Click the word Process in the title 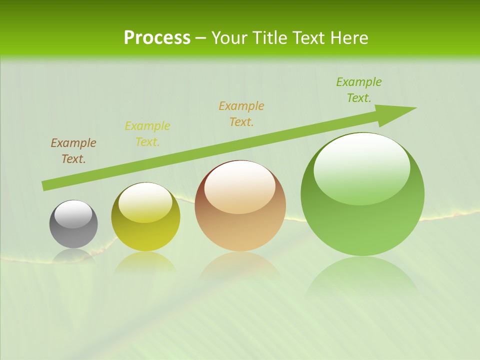point(157,38)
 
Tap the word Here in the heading point(347,38)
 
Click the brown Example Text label point(73,151)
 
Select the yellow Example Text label point(147,134)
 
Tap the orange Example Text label point(241,114)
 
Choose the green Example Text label point(359,90)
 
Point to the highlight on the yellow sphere point(145,202)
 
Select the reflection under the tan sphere point(240,265)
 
